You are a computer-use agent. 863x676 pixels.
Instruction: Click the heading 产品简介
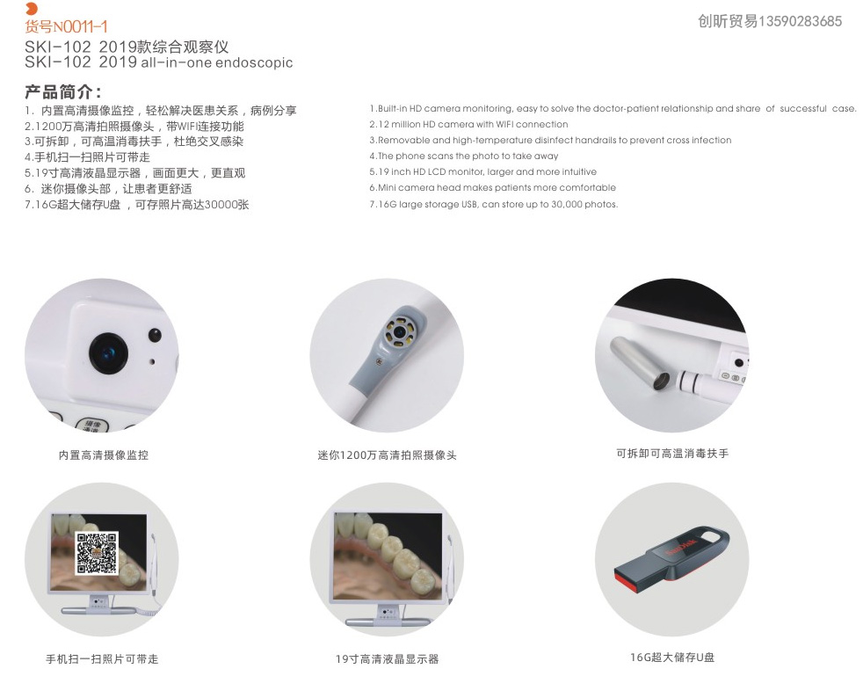coord(62,91)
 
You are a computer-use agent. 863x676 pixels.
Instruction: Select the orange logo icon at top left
coord(32,10)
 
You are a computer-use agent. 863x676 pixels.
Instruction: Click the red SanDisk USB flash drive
coord(671,559)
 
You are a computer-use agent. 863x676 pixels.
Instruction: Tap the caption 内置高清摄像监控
coord(103,455)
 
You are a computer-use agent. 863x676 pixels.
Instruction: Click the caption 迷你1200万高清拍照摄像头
coord(387,455)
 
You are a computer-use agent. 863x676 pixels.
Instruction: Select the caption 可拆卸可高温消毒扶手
coord(672,454)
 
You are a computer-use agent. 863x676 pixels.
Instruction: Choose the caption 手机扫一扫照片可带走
coord(102,658)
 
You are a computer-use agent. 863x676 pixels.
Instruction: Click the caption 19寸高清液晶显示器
coord(387,658)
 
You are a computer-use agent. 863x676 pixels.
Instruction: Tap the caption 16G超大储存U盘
coord(672,657)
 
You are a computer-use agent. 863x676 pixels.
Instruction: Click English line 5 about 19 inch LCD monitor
coord(482,172)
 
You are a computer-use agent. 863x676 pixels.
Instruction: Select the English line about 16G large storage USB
coord(493,204)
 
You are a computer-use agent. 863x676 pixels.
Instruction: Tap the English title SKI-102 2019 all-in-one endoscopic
coord(158,62)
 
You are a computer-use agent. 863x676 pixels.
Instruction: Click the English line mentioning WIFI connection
coord(468,125)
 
